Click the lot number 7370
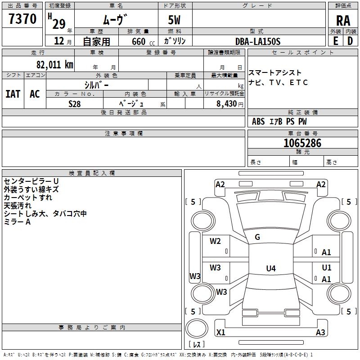point(22,18)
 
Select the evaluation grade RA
point(343,21)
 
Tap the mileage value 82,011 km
point(55,65)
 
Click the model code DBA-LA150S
point(258,41)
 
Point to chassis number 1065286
point(302,143)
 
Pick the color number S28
point(75,104)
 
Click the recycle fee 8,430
point(226,103)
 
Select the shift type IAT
point(13,94)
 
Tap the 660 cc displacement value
point(143,41)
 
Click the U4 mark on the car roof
point(271,268)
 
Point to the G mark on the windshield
point(257,237)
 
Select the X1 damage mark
point(220,332)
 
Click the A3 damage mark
point(320,332)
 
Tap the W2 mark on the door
point(215,241)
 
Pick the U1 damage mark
point(327,267)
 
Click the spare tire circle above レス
point(197,328)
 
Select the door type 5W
point(174,20)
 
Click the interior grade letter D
point(350,41)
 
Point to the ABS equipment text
point(258,121)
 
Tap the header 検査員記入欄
point(92,173)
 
